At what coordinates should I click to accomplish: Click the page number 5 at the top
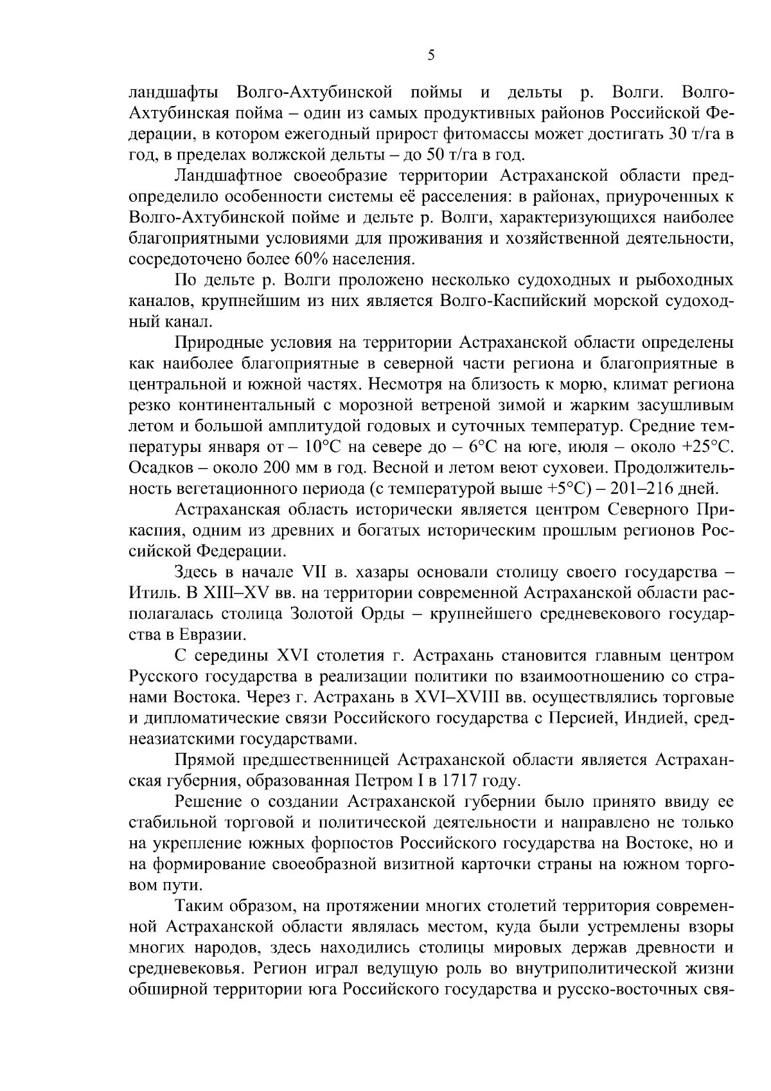[431, 56]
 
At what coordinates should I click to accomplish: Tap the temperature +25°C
[705, 446]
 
